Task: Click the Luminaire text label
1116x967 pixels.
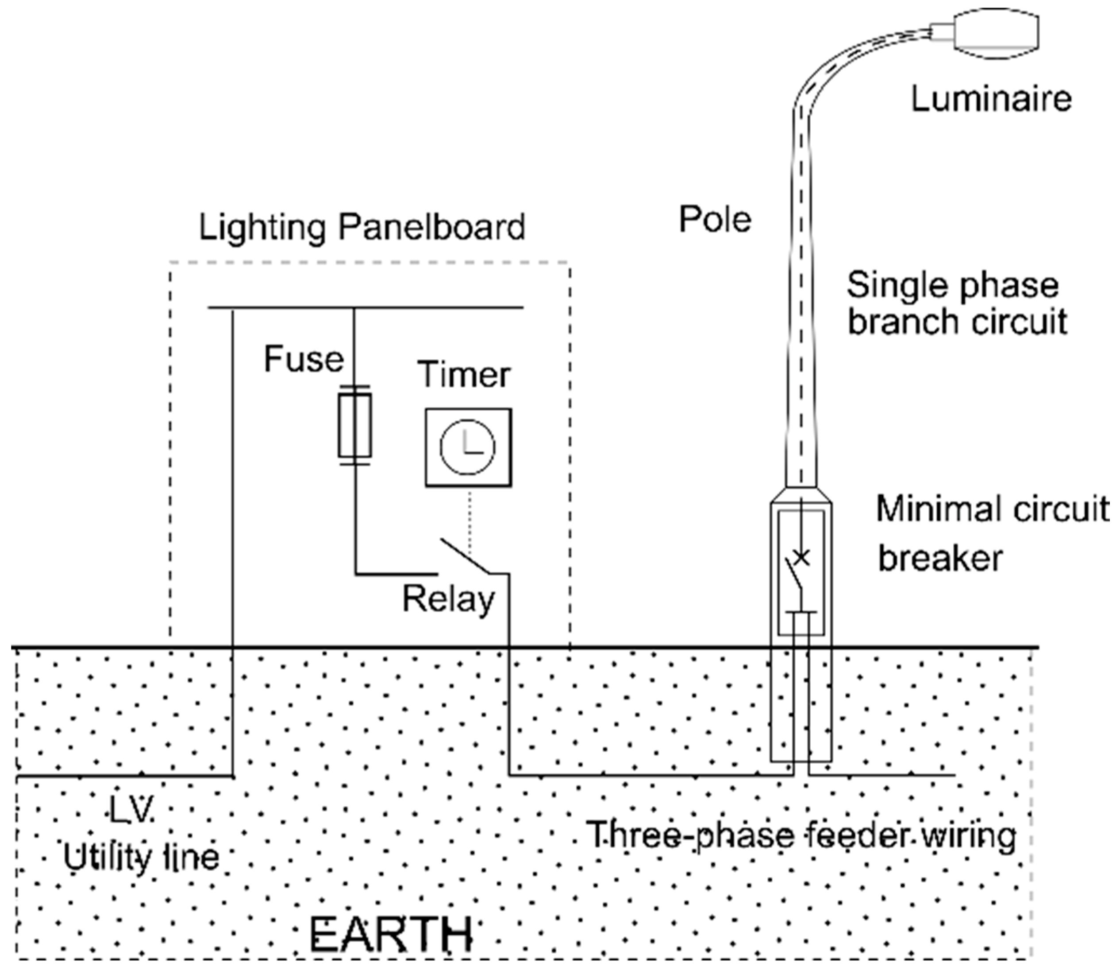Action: [991, 99]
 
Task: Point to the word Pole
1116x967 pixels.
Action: [715, 220]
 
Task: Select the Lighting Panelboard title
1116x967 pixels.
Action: [362, 227]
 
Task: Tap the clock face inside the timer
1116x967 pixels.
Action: [467, 447]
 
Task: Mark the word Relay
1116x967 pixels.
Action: [449, 599]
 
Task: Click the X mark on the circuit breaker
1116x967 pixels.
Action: [802, 557]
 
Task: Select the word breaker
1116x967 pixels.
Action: [940, 558]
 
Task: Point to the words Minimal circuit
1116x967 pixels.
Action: [992, 509]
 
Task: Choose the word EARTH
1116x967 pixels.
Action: [391, 934]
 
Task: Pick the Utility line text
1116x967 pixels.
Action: [141, 856]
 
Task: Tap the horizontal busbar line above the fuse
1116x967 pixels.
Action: [366, 307]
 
